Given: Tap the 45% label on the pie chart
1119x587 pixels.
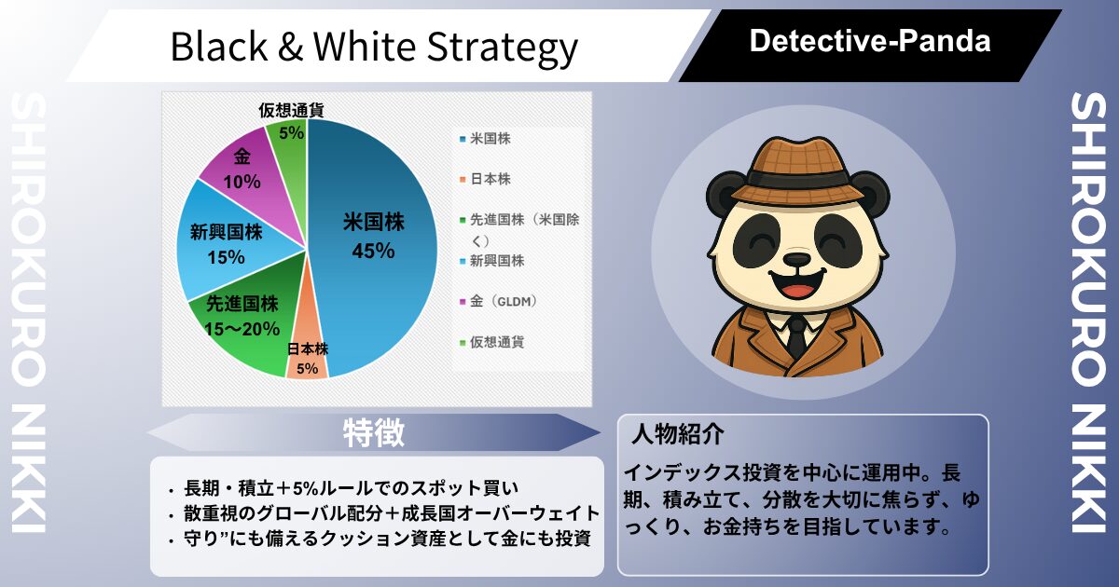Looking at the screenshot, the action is [x=373, y=251].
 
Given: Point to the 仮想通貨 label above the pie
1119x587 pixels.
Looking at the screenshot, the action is [x=291, y=110].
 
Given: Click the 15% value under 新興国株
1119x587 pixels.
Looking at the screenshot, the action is [x=226, y=257].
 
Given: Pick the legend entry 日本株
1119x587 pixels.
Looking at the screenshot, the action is [x=485, y=179].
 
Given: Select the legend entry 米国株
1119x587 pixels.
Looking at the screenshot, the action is [x=485, y=139].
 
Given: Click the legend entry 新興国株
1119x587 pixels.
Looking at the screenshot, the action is [x=491, y=261].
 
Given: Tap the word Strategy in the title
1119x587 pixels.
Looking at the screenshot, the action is [x=502, y=48].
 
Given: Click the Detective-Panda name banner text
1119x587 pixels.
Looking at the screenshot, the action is [x=870, y=41].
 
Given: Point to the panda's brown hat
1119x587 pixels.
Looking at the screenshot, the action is [x=798, y=171].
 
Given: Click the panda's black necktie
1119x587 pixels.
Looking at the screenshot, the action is [x=796, y=337].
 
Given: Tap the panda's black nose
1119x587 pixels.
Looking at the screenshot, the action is [x=797, y=259].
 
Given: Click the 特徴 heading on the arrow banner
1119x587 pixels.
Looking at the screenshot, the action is [x=374, y=432].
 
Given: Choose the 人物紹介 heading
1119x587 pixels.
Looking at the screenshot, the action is [x=677, y=434].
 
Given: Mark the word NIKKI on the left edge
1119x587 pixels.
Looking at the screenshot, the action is [x=29, y=470].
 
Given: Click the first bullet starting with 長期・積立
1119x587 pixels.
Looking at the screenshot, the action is [x=352, y=488].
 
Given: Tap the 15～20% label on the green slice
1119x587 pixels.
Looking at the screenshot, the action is [x=242, y=329].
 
